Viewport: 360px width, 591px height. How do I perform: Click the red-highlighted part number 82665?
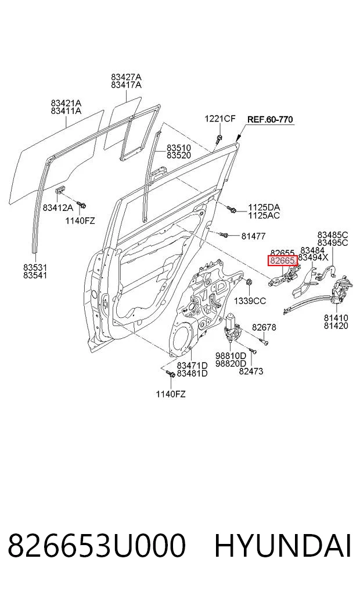click(x=282, y=260)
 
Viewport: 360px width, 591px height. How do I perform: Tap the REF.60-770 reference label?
click(x=270, y=120)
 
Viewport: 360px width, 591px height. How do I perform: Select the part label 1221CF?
click(x=220, y=119)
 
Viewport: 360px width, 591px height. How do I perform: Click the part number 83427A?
click(x=126, y=77)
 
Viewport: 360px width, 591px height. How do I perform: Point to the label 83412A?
click(x=57, y=207)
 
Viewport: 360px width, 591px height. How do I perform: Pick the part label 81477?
click(x=253, y=237)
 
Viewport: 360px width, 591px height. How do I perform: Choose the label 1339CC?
click(x=250, y=301)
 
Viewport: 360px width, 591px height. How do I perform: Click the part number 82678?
click(x=264, y=327)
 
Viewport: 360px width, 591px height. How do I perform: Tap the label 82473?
click(x=251, y=371)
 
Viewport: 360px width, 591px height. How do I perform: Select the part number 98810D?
click(x=231, y=356)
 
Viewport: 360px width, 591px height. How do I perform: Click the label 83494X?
click(x=313, y=258)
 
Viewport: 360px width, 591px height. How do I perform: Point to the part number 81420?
click(x=336, y=325)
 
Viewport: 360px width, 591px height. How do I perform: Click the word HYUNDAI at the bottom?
click(x=283, y=546)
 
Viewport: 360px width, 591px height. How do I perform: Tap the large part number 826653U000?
click(x=97, y=546)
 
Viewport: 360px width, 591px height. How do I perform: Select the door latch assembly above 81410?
click(x=341, y=290)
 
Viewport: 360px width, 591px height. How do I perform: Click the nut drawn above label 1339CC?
click(x=249, y=282)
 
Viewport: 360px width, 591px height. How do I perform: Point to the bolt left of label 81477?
click(x=224, y=235)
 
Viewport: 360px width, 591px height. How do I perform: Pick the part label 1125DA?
click(x=264, y=207)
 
